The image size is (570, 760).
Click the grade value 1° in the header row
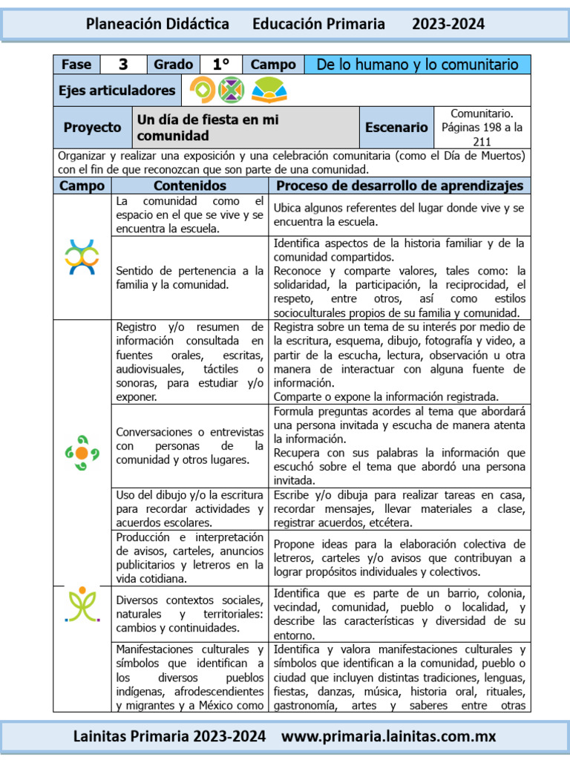pos(220,65)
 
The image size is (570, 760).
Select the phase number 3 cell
pos(123,65)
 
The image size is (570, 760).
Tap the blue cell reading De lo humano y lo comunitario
pos(417,65)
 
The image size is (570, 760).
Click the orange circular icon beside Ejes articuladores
pos(201,91)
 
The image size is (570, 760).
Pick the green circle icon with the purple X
pos(231,91)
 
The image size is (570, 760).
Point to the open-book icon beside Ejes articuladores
pos(268,91)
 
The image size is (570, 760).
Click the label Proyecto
pos(92,128)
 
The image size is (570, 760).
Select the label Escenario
pos(396,128)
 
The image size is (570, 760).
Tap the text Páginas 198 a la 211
pos(482,134)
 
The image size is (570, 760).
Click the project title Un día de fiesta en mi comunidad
pos(208,128)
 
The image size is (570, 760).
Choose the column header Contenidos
pos(190,186)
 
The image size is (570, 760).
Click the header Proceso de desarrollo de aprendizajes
pos(399,186)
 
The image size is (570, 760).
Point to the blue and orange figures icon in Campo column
pos(82,257)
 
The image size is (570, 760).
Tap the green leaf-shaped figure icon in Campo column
pos(82,603)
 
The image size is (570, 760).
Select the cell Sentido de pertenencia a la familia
pos(190,278)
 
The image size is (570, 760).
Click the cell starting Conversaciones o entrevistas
pos(190,445)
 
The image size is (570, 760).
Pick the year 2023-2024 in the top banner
pos(448,24)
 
